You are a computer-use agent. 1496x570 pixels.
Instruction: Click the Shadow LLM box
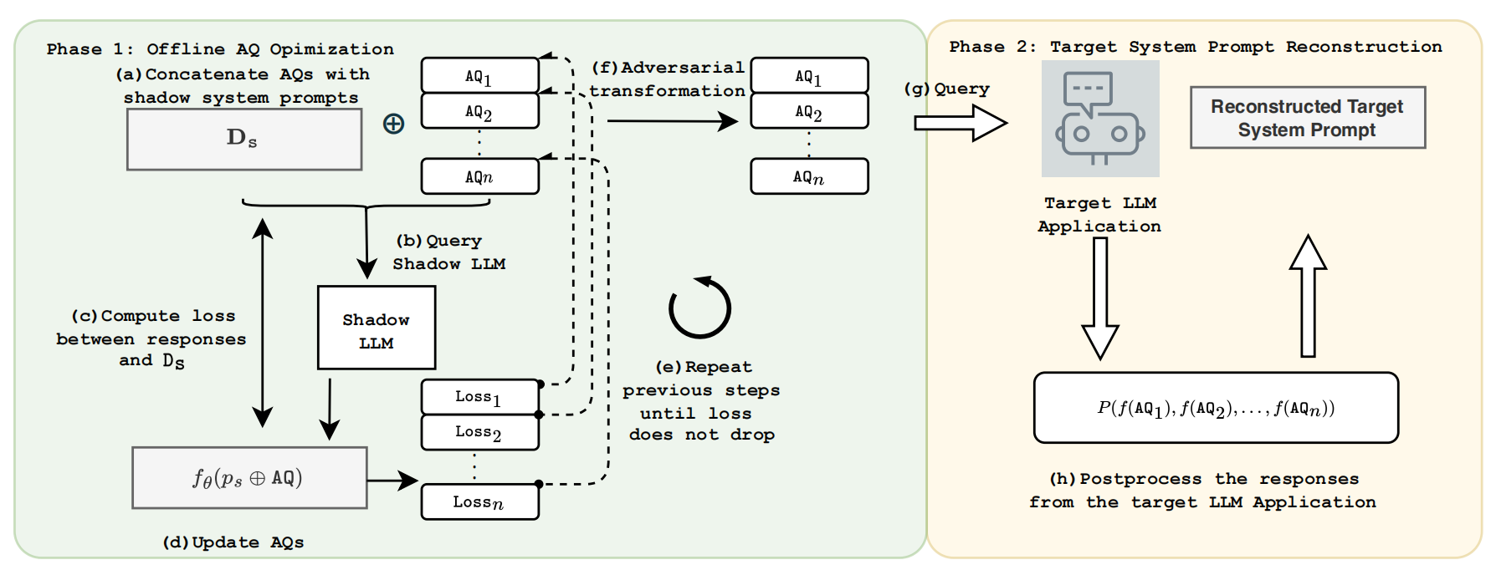[377, 328]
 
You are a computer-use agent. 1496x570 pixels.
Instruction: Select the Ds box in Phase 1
[244, 140]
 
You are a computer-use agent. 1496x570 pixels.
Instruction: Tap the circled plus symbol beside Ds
[393, 125]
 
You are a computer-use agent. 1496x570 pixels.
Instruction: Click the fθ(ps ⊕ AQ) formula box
[249, 478]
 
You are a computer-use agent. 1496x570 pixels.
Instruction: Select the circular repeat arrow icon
[700, 308]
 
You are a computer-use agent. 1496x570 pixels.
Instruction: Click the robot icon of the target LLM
[1100, 119]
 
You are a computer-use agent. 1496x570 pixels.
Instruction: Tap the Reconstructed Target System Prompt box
[1308, 118]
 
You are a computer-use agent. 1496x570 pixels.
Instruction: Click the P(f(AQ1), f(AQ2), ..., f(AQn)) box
[1216, 408]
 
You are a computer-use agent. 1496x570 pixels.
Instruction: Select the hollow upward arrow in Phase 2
[1308, 296]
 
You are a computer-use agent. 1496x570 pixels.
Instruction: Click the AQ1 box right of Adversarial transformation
[809, 75]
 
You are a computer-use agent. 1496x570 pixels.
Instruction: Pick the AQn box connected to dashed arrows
[480, 176]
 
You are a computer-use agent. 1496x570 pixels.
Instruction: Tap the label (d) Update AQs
[233, 542]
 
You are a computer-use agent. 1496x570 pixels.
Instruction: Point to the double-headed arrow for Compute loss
[263, 323]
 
